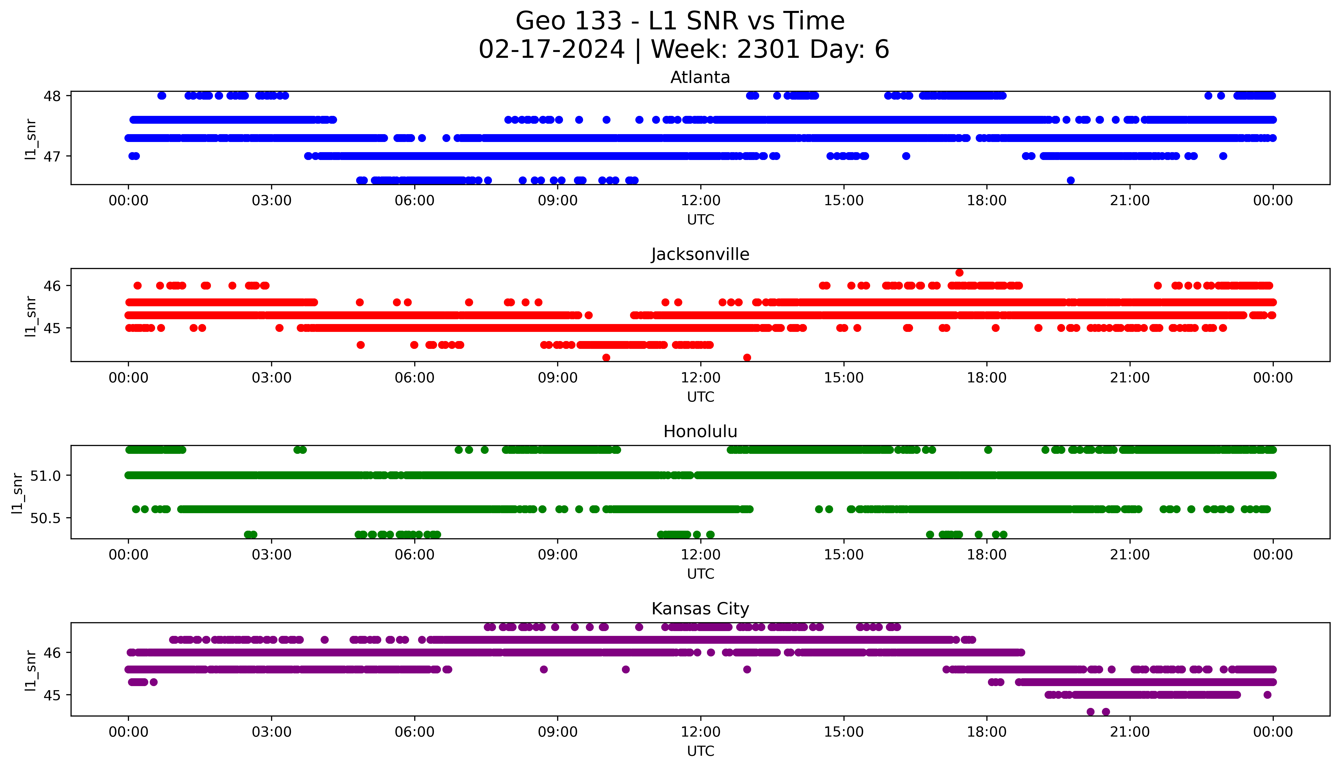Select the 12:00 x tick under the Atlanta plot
click(700, 201)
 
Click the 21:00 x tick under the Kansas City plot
click(1130, 732)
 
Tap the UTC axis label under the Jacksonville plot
click(700, 397)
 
